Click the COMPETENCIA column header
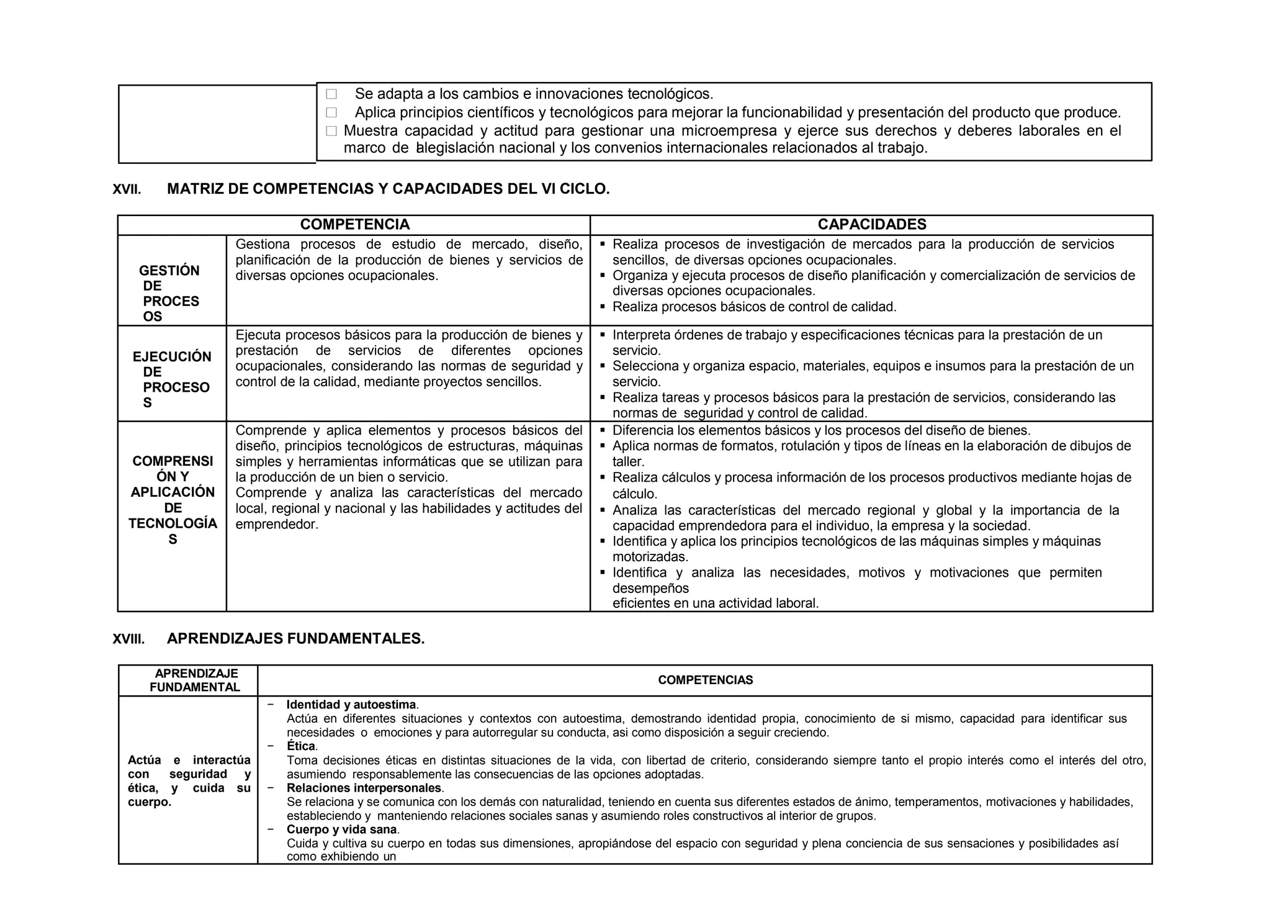(x=354, y=225)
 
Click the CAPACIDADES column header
(x=871, y=225)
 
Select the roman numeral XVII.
(x=127, y=190)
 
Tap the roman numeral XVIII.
(x=128, y=639)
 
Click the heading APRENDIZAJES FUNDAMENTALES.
(x=295, y=638)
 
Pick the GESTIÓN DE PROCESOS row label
(x=169, y=294)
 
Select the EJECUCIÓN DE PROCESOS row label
(x=171, y=379)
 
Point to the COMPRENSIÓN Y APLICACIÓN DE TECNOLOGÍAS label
(x=173, y=500)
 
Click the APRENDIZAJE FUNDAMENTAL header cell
(x=195, y=680)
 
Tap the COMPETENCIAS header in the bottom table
(x=705, y=680)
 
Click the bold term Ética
(x=301, y=746)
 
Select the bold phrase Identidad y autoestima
(x=351, y=705)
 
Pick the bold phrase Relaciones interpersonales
(x=364, y=788)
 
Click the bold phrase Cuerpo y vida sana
(x=342, y=829)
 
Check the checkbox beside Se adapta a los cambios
(x=331, y=94)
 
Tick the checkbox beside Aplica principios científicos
(x=331, y=113)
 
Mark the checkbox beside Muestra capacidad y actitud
(x=331, y=131)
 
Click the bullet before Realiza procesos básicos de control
(x=603, y=307)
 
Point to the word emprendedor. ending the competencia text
(x=277, y=525)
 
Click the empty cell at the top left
(x=217, y=124)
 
